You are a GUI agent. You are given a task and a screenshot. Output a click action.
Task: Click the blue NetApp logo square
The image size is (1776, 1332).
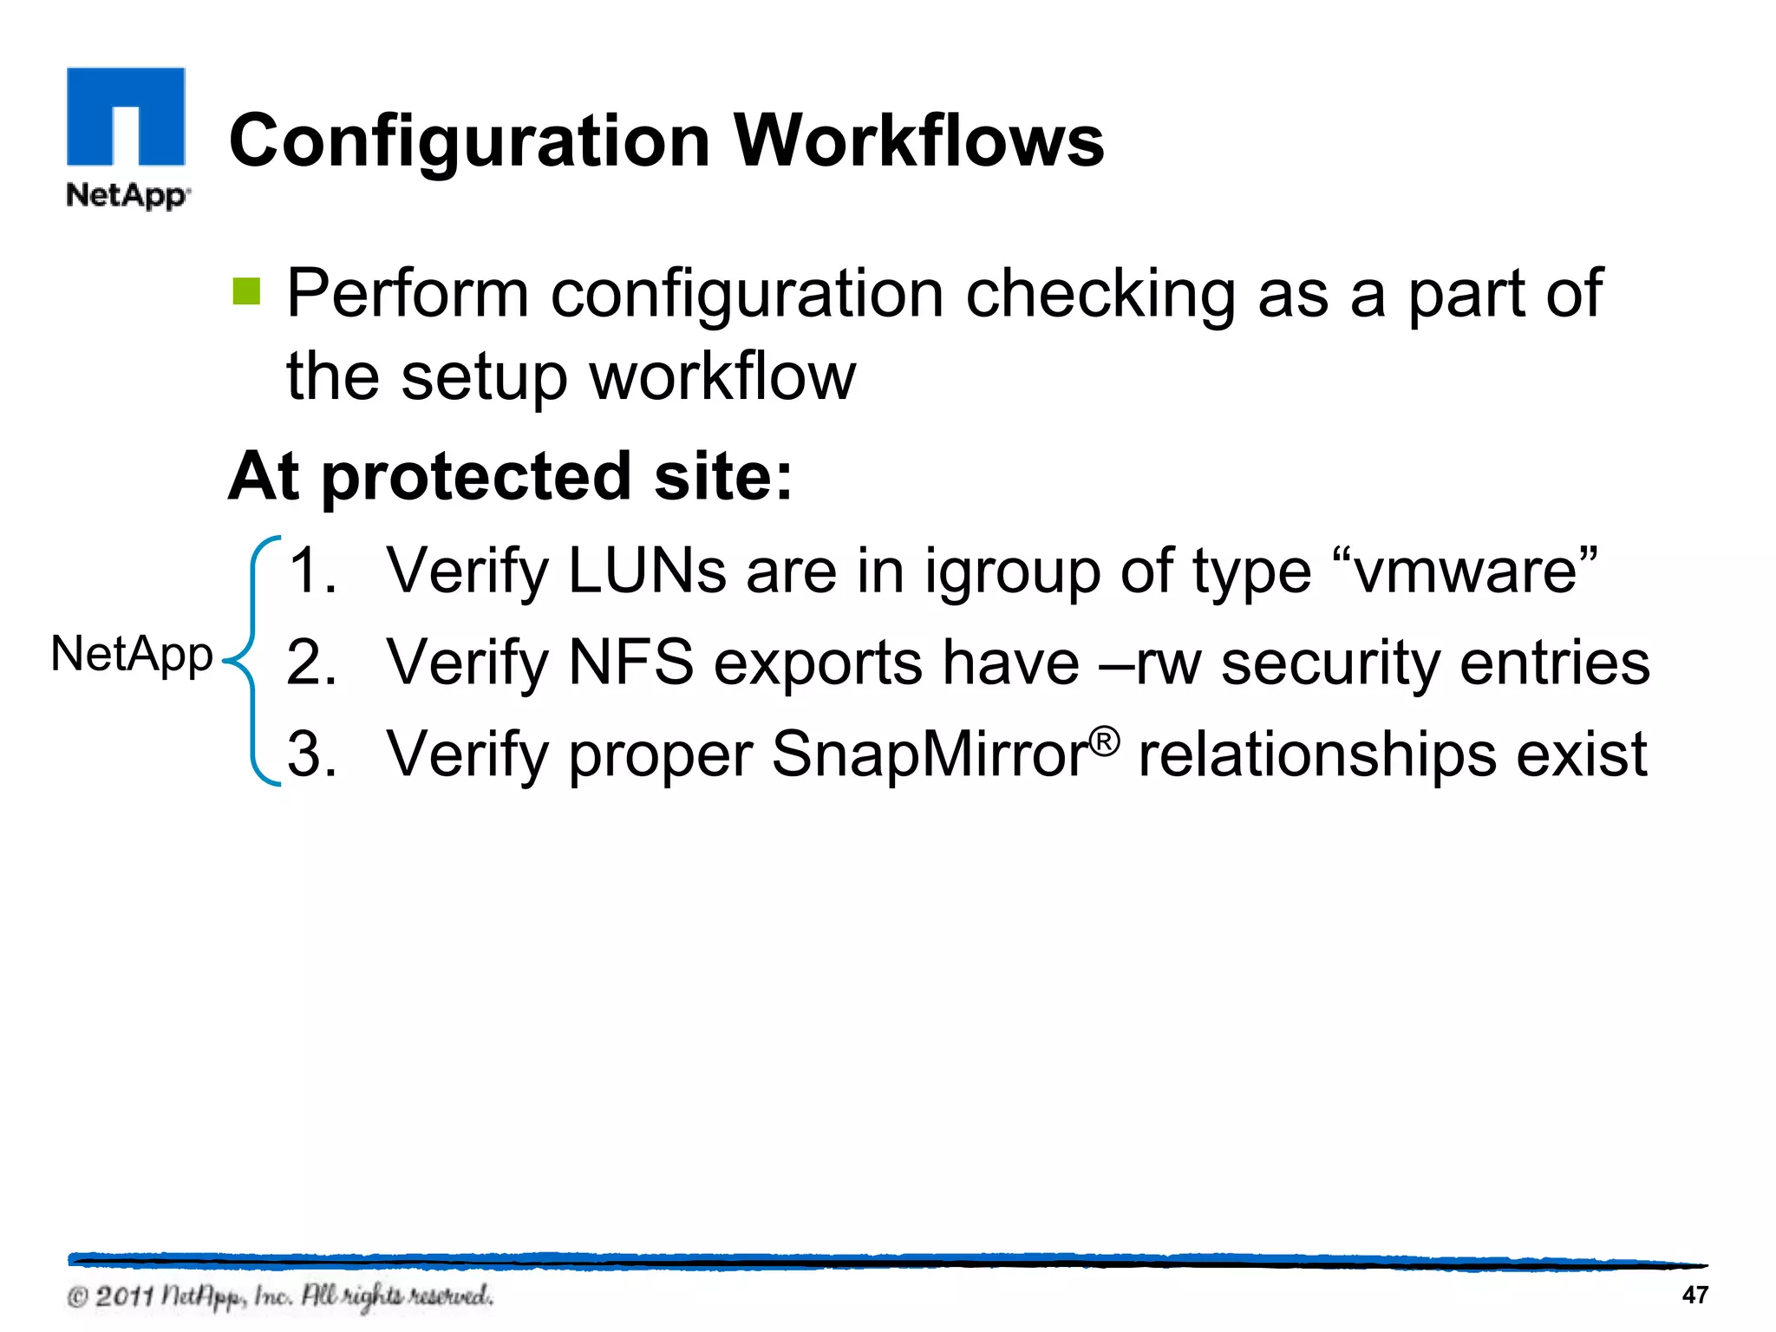tap(126, 116)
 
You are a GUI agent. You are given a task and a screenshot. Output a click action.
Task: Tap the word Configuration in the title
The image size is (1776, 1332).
tap(469, 142)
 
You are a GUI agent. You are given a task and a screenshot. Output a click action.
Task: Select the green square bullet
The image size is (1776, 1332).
tap(246, 291)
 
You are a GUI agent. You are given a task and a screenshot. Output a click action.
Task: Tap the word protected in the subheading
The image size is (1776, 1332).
tap(476, 477)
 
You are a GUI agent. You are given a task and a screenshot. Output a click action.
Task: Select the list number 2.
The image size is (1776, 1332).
tap(310, 663)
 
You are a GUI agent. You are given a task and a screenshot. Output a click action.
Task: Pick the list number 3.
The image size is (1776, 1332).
tap(310, 754)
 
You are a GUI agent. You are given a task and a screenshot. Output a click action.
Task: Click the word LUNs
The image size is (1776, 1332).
tap(647, 570)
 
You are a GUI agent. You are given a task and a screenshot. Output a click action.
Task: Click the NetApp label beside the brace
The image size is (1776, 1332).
tap(132, 655)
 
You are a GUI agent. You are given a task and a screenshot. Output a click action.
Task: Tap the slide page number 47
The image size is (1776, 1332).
tap(1694, 1295)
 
